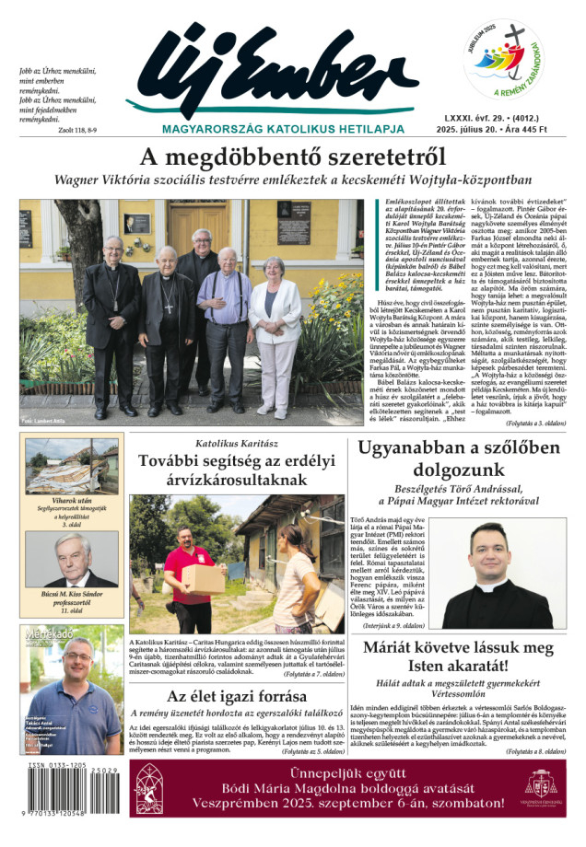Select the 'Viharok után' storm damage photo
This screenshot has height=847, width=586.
72,466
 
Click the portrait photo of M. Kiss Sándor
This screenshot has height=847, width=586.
72,559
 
